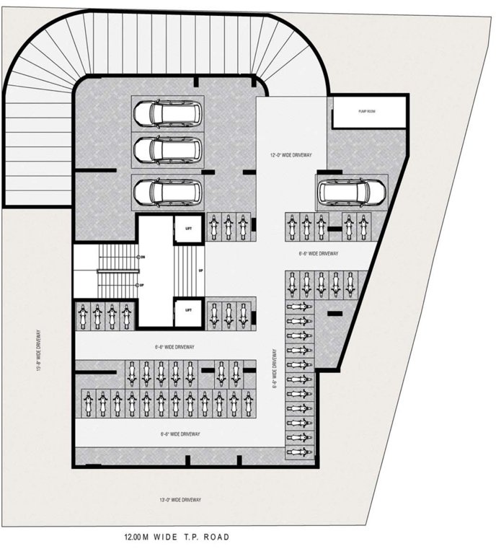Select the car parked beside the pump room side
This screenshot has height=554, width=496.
[x=351, y=193]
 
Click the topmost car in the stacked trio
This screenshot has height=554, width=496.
[x=167, y=113]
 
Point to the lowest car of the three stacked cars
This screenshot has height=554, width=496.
[x=167, y=193]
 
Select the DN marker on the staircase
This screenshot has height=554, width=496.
[x=142, y=256]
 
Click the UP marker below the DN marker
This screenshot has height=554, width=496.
[x=142, y=285]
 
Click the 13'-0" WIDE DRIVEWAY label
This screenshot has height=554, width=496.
[x=180, y=500]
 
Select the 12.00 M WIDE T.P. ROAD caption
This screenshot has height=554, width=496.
[x=176, y=537]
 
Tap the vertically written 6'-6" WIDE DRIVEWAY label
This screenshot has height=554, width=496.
[x=275, y=369]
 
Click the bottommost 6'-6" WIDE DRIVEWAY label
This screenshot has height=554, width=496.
[x=180, y=434]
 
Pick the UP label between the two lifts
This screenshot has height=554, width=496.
[x=200, y=271]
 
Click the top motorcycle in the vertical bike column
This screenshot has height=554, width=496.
[x=299, y=307]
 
